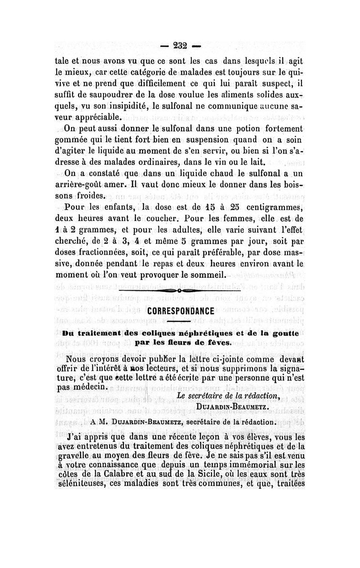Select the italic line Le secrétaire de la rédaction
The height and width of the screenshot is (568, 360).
229,396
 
